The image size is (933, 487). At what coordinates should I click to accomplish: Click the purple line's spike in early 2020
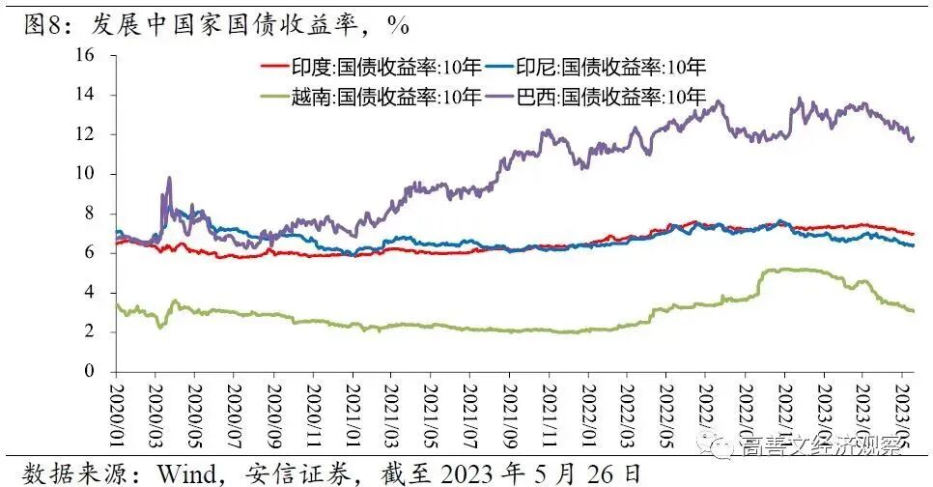pyautogui.click(x=169, y=180)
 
